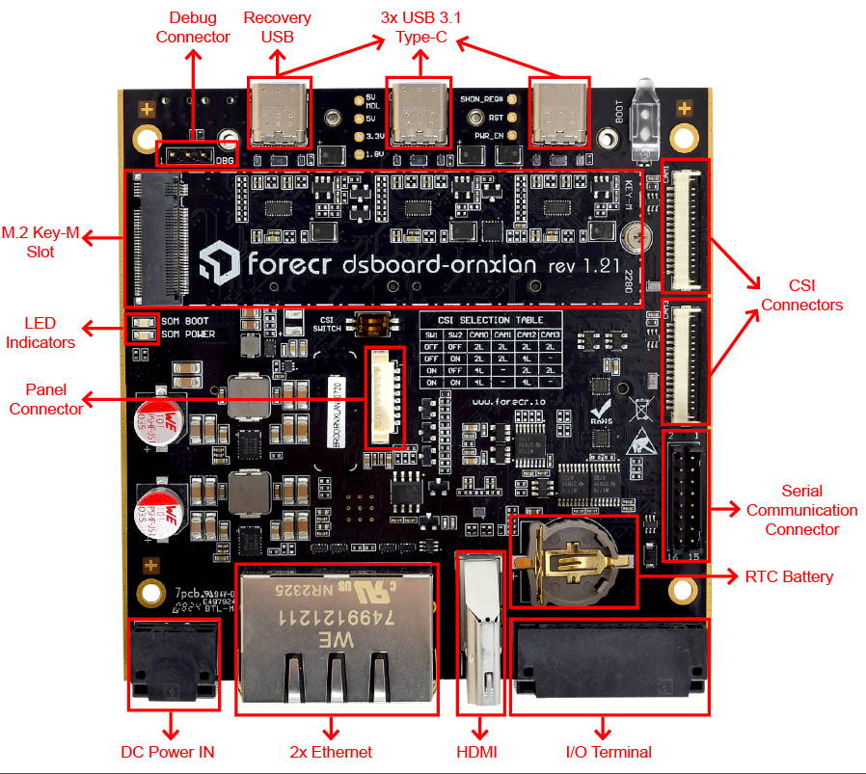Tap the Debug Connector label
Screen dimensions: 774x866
tap(199, 27)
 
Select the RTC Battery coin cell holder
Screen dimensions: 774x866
tap(574, 562)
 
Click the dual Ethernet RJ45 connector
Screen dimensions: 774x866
tap(336, 638)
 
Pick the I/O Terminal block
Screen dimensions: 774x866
tap(609, 666)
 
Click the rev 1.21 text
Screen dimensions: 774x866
tap(582, 264)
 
